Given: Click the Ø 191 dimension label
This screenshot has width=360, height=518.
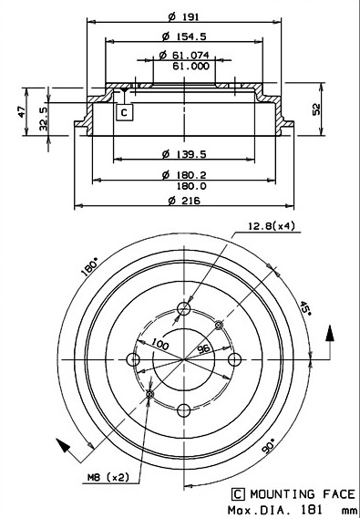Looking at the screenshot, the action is (x=183, y=16).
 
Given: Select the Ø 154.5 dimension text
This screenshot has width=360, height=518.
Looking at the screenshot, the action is (x=184, y=36).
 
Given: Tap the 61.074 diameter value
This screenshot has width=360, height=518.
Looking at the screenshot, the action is (x=184, y=55).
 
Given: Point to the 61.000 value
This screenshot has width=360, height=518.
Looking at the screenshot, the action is (x=190, y=66).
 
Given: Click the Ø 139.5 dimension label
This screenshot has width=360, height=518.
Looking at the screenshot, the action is (x=184, y=154).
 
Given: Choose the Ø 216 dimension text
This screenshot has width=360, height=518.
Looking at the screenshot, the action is (x=184, y=201).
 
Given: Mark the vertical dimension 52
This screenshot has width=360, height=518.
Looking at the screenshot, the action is (x=316, y=109).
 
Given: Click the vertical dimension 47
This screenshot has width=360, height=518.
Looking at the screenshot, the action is (x=22, y=111).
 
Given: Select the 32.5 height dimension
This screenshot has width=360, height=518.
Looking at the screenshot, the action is (x=44, y=119).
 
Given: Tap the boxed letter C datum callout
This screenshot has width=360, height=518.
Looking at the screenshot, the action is (x=124, y=113).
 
